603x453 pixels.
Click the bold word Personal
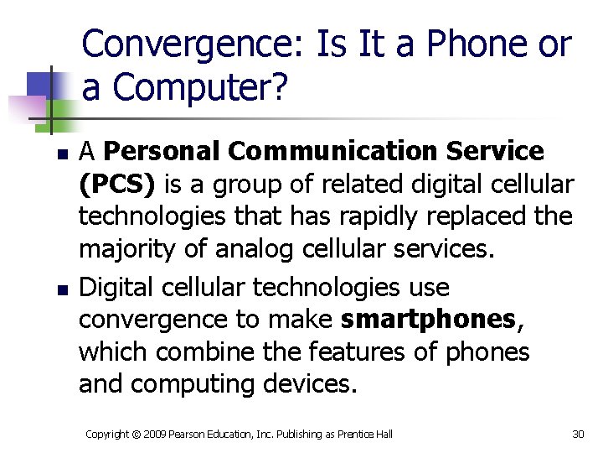pyautogui.click(x=162, y=152)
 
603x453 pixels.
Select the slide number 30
pyautogui.click(x=578, y=434)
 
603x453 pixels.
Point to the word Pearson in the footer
pyautogui.click(x=194, y=434)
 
